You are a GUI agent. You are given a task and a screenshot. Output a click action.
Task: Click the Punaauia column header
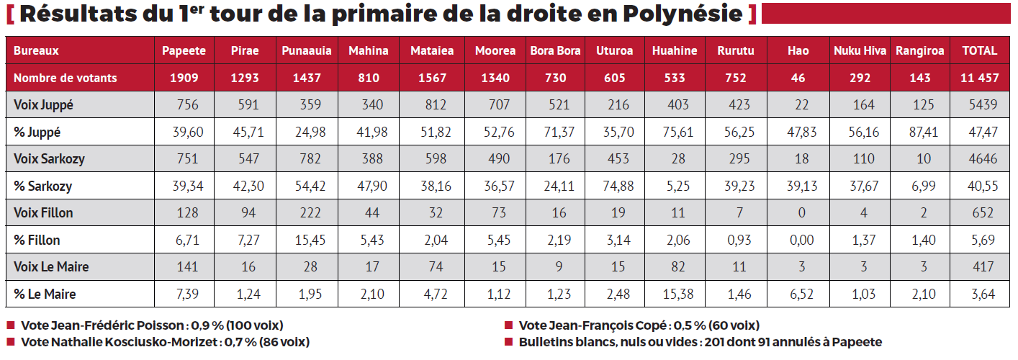[306, 50]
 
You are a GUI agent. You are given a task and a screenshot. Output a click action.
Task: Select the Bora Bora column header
[555, 50]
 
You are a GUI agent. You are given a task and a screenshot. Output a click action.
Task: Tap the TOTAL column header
[979, 50]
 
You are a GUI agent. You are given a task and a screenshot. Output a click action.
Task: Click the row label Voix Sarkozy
[49, 159]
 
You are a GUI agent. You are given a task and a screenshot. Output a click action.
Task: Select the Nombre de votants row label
[65, 78]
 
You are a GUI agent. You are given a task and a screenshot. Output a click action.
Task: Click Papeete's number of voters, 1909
[184, 78]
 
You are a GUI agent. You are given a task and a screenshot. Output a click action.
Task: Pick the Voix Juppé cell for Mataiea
[431, 105]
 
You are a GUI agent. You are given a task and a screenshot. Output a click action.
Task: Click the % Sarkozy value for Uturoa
[615, 186]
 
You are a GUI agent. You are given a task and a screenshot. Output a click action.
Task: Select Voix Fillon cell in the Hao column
[798, 213]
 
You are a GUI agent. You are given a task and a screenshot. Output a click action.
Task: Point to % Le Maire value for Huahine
[674, 294]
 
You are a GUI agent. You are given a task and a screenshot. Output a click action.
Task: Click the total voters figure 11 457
[979, 78]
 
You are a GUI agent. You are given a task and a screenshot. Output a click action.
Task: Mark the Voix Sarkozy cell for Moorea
[495, 159]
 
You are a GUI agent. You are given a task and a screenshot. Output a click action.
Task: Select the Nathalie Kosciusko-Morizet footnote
[165, 342]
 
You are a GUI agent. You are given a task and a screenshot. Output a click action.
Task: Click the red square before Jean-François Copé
[508, 325]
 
